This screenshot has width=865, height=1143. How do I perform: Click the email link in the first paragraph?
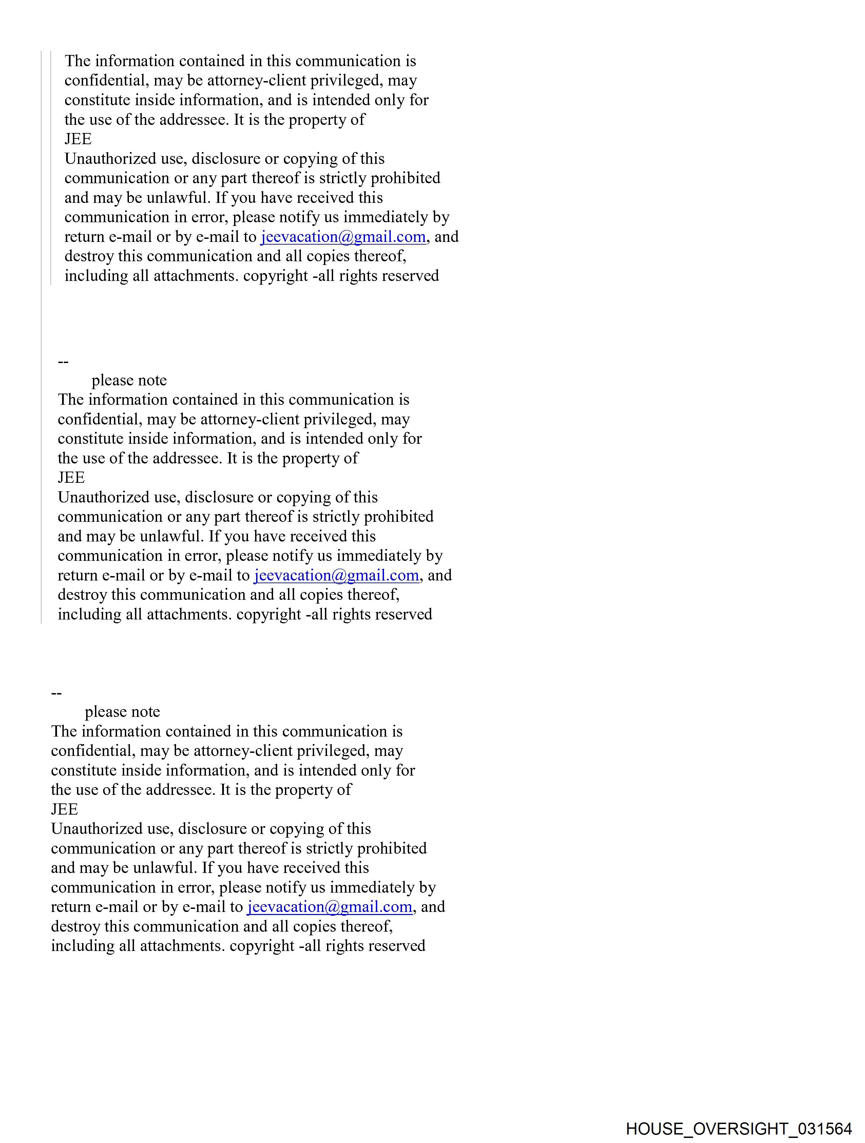pyautogui.click(x=343, y=237)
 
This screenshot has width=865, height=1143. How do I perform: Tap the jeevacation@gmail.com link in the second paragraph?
pyautogui.click(x=337, y=575)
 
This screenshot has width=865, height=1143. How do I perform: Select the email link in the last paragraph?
pyautogui.click(x=330, y=907)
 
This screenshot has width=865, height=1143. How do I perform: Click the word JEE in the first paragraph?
pyautogui.click(x=78, y=139)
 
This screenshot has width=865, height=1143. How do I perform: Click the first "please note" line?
pyautogui.click(x=129, y=380)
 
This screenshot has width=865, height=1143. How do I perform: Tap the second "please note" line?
pyautogui.click(x=122, y=712)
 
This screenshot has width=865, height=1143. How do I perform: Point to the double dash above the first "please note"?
pyautogui.click(x=63, y=362)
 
